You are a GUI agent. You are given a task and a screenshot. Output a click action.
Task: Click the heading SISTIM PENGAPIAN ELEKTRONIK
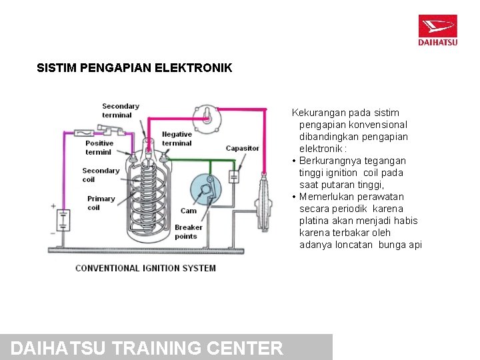pos(135,68)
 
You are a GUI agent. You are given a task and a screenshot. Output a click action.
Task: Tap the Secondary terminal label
pos(121,110)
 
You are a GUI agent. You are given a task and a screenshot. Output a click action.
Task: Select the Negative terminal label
pos(177,139)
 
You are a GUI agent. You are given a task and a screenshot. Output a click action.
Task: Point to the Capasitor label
pos(242,148)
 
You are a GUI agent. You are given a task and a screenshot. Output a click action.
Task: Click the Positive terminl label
pos(99,147)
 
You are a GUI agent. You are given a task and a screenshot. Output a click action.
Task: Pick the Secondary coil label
pos(101,175)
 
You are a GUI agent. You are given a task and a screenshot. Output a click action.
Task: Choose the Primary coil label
pos(101,203)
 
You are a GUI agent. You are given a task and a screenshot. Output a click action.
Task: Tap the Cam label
pos(189,211)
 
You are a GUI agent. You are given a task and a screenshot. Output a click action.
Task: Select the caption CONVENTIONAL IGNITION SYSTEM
pos(145,268)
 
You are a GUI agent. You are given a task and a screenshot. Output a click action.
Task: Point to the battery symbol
pos(63,219)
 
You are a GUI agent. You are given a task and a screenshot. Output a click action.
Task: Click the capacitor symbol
pos(234,177)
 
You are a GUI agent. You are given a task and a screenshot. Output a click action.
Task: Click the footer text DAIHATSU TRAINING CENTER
pos(147,348)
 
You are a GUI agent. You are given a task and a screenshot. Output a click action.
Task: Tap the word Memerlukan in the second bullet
pos(327,197)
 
